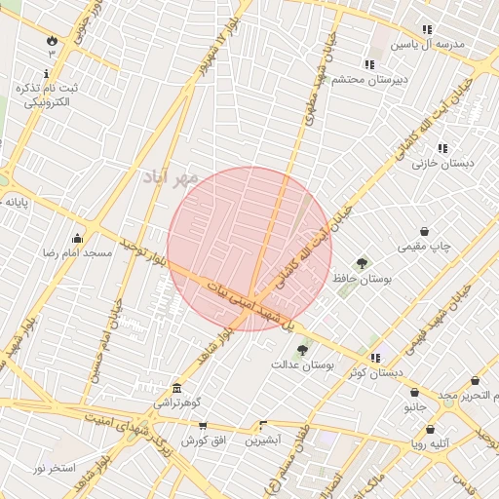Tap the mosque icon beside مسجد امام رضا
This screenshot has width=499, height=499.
point(77,239)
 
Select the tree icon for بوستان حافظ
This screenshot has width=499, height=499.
point(363,263)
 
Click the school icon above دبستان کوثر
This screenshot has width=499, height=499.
point(375,358)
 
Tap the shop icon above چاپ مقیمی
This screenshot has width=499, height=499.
point(425,232)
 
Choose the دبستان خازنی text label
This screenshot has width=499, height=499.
point(442,164)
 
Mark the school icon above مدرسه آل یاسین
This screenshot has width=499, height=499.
point(427,30)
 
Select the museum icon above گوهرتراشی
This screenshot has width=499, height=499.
point(175,387)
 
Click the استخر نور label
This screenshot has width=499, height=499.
point(54,469)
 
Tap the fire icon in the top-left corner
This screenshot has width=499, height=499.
point(51,41)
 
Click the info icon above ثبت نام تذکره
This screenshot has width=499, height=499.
point(51,74)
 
